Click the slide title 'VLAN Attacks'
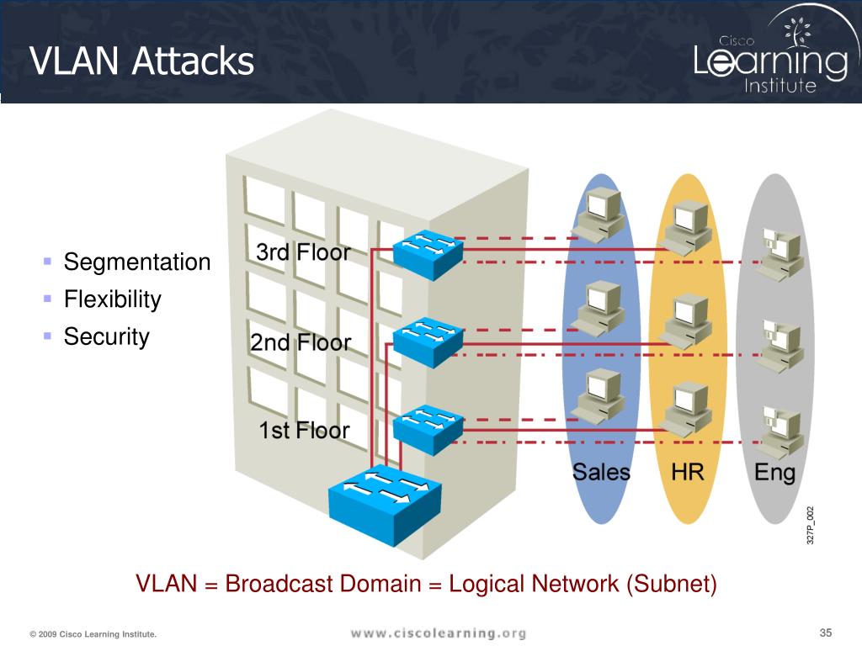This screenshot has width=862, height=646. (x=141, y=61)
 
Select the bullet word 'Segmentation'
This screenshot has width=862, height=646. (x=137, y=262)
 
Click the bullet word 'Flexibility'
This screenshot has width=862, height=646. (x=113, y=299)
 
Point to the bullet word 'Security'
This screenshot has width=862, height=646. (x=107, y=336)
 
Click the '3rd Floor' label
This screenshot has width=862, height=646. (x=303, y=252)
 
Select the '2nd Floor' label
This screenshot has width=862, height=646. (x=301, y=343)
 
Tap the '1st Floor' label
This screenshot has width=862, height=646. (x=304, y=431)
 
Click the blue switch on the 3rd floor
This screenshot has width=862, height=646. (x=428, y=254)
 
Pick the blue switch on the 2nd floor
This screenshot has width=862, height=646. (x=428, y=343)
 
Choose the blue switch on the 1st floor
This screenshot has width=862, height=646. (x=428, y=430)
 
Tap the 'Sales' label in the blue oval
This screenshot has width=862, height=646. (x=601, y=473)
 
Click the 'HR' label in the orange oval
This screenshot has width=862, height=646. (x=687, y=473)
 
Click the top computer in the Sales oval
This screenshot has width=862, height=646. (x=599, y=214)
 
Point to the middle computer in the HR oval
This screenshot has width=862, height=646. (x=685, y=321)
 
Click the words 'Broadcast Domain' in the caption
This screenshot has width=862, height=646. (x=323, y=584)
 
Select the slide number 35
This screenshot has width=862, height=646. (x=826, y=633)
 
